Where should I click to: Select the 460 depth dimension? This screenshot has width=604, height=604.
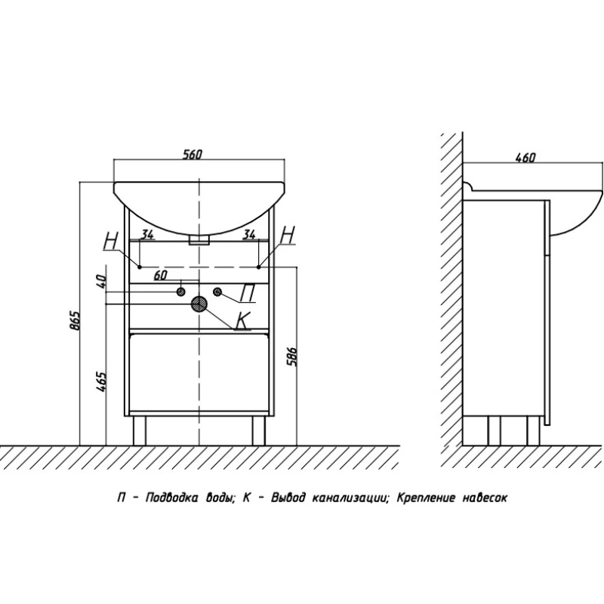coord(525,158)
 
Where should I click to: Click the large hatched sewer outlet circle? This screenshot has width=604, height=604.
coord(199,304)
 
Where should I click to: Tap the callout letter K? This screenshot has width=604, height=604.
coord(242,321)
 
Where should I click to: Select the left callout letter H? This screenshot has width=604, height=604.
coord(112,240)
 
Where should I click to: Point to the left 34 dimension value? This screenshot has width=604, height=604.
coord(147,235)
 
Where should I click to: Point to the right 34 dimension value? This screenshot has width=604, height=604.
coord(248,235)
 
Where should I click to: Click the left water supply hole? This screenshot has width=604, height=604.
coord(181,291)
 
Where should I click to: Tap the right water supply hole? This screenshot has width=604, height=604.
coord(217,291)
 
